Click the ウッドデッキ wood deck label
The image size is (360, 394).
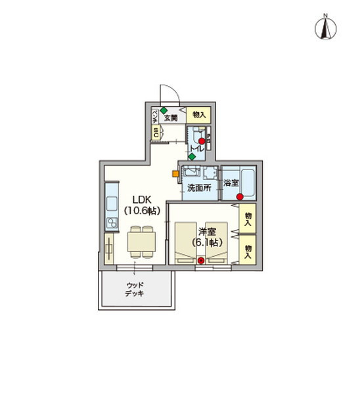136,290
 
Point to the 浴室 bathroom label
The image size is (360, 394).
231,183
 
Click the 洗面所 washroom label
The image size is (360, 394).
199,188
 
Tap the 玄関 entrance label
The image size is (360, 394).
171,118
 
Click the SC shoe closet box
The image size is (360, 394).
156,133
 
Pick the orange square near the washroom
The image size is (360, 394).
175,174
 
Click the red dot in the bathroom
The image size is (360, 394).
240,197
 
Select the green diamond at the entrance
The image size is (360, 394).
163,110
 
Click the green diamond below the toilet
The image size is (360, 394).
191,156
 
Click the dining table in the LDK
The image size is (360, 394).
141,242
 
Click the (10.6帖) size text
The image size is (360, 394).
142,211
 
